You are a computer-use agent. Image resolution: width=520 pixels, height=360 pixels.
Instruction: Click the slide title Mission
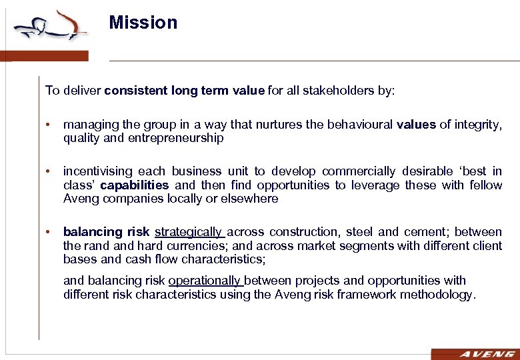pos(143,23)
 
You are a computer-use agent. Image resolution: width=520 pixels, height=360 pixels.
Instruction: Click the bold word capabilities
pos(135,185)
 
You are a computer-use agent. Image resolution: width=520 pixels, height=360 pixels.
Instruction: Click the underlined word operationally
pos(205,281)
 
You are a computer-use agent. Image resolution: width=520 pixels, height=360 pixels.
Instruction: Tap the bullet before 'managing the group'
pos(49,125)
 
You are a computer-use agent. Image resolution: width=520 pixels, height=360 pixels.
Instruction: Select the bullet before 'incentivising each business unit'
pos(49,171)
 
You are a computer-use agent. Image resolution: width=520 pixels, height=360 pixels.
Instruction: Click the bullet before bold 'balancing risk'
pos(49,232)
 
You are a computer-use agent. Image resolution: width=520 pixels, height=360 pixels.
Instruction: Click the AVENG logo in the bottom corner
pos(475,354)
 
